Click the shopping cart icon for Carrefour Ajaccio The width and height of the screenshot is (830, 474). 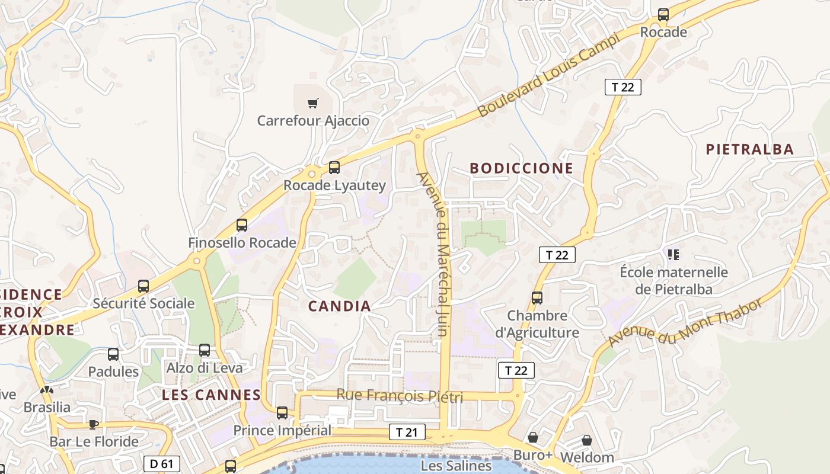313,104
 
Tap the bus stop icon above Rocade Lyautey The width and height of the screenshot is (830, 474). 334,168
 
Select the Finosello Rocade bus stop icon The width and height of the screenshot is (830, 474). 242,225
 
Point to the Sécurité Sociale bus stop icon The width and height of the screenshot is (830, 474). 143,286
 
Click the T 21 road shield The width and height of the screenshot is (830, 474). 407,432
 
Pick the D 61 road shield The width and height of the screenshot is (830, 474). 161,463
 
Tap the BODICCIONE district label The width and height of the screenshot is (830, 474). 522,168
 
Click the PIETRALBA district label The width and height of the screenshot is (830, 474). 749,149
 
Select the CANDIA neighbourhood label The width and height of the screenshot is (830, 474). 340,306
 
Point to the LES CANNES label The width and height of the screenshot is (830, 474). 212,395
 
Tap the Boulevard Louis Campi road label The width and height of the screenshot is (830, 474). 548,75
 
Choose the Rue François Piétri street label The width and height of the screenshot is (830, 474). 400,395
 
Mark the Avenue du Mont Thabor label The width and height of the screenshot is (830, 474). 685,324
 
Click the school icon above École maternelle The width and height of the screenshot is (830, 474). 673,255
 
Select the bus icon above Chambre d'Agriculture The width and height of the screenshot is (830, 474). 537,298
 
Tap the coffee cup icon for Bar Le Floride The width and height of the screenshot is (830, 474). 93,424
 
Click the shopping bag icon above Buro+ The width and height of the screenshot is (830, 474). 533,438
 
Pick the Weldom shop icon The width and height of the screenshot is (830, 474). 586,440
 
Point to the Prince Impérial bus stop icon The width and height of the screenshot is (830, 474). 282,412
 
